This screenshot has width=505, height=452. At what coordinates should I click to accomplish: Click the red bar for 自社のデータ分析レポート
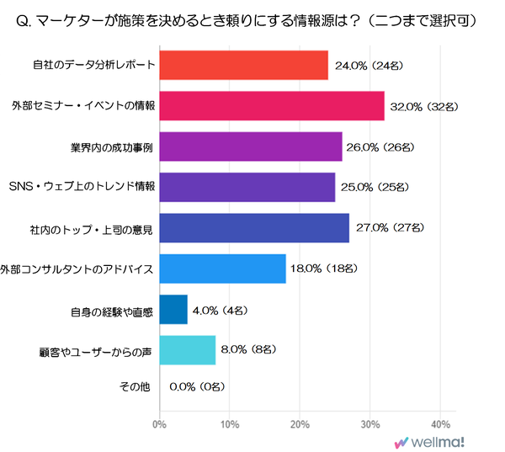(x=243, y=65)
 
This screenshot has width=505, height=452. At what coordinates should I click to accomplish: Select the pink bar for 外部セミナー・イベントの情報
(x=271, y=106)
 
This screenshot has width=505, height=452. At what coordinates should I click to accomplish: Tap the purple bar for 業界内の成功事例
(x=250, y=146)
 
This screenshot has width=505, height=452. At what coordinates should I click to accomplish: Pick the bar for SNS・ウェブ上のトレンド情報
(x=247, y=187)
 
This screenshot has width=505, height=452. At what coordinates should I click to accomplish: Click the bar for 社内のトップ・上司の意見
(x=253, y=228)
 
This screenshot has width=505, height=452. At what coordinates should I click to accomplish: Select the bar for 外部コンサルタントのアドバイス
(x=222, y=269)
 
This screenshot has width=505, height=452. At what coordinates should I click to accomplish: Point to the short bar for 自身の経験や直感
(x=173, y=309)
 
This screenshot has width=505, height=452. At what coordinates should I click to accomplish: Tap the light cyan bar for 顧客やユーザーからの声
(x=187, y=349)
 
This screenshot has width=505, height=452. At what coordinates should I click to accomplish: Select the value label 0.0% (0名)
(x=197, y=389)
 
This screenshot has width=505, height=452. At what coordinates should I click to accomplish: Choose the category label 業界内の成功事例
(x=111, y=147)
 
